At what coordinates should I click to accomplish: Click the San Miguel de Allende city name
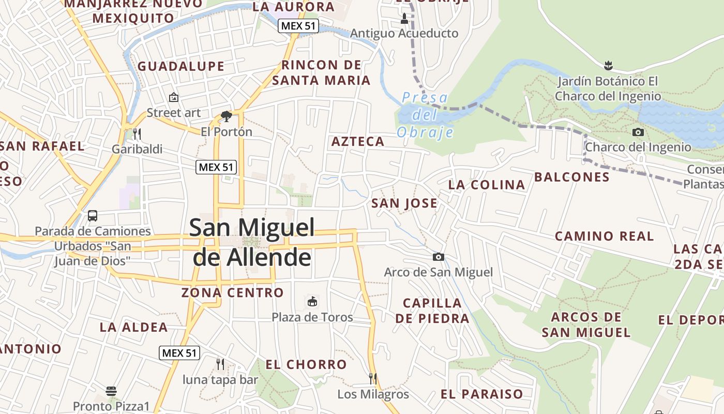[x=252, y=242]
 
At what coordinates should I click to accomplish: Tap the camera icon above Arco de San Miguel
[x=438, y=257]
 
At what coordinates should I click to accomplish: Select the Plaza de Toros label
[x=312, y=317]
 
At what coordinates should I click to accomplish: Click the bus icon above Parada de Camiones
[x=93, y=216]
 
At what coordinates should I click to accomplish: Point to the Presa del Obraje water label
[x=425, y=115]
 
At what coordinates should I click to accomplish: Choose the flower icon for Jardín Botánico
[x=608, y=65]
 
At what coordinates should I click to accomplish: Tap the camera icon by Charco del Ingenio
[x=638, y=132]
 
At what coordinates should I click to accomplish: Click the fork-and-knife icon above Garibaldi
[x=137, y=134]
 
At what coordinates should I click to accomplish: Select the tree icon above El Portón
[x=226, y=116]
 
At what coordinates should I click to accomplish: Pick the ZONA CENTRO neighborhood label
[x=232, y=292]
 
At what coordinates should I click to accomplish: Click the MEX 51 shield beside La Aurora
[x=298, y=26]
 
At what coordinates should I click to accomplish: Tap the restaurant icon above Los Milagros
[x=372, y=378]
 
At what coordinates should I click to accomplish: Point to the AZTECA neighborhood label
[x=358, y=141]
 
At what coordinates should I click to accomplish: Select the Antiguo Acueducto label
[x=404, y=34]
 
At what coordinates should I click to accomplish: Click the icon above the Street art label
[x=173, y=97]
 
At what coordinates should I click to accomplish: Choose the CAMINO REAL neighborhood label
[x=604, y=236]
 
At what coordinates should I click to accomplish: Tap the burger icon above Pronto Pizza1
[x=111, y=390]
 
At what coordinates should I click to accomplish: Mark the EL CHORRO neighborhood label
[x=306, y=364]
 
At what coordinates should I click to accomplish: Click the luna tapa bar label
[x=220, y=380]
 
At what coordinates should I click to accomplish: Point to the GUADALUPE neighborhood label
[x=180, y=66]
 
